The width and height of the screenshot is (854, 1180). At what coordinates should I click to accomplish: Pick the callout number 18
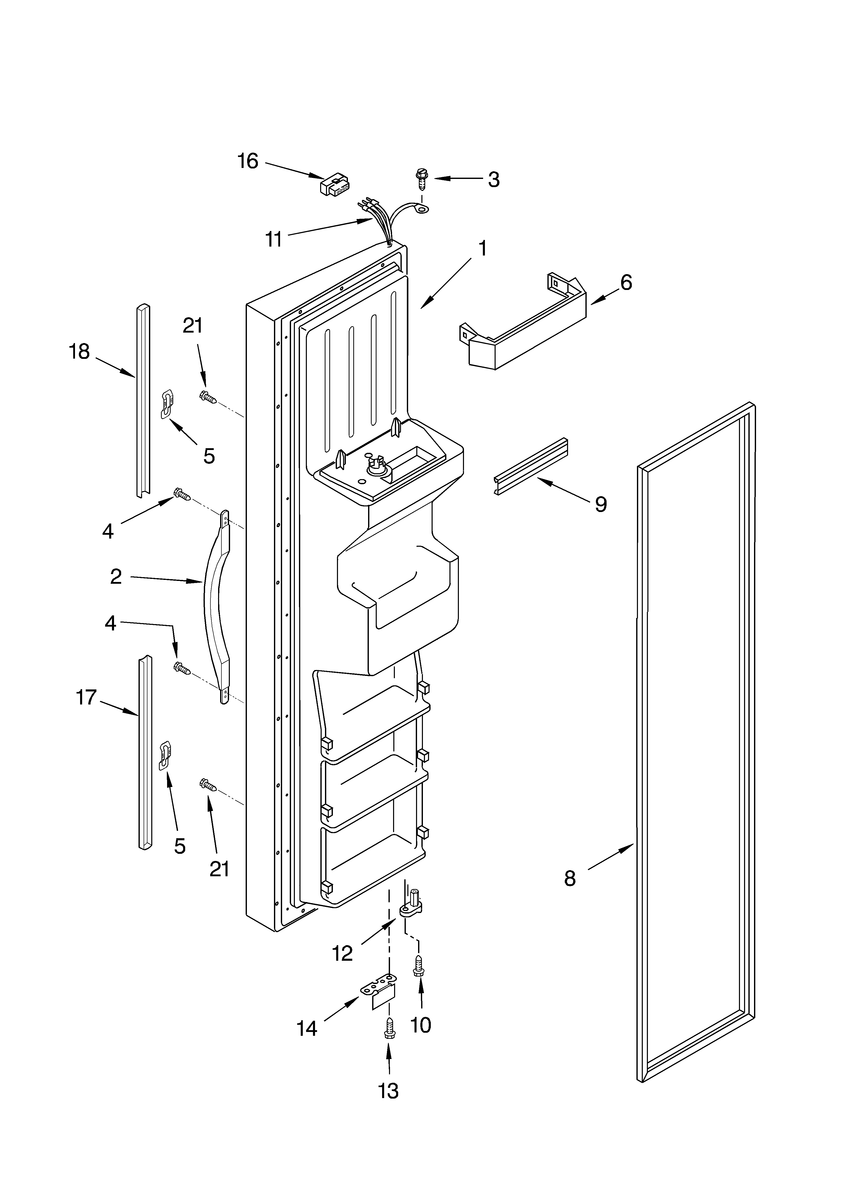[x=80, y=352]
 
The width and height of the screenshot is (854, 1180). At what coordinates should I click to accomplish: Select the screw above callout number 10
[x=419, y=968]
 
